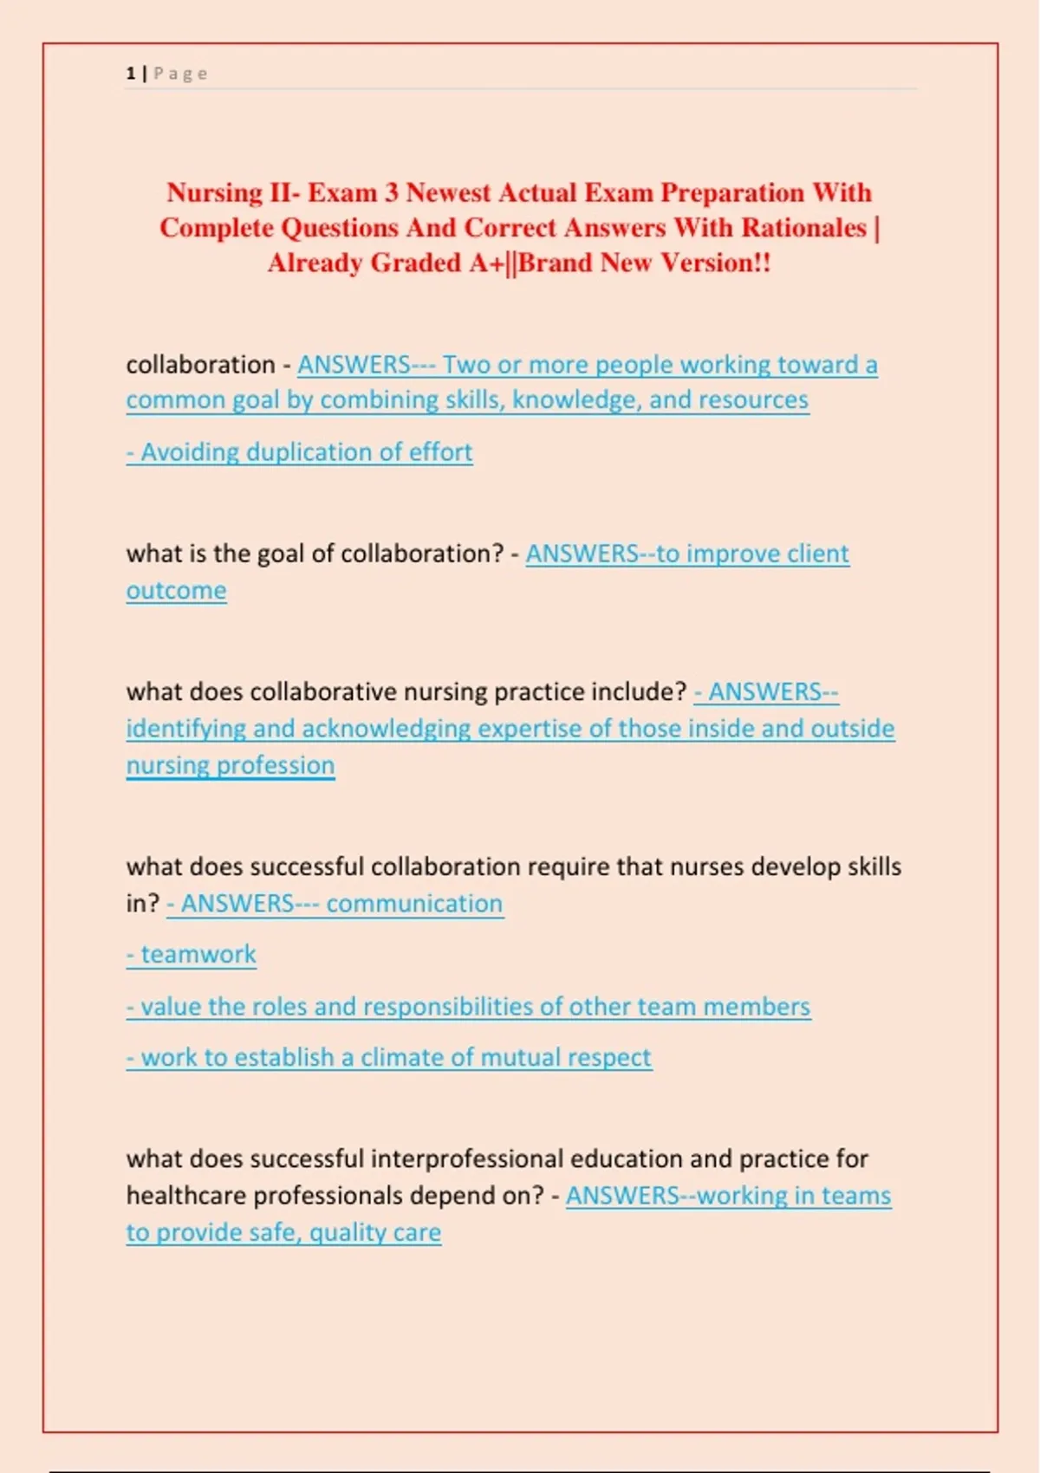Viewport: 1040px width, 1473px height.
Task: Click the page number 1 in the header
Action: point(131,74)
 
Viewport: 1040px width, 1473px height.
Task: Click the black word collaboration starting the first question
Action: point(200,365)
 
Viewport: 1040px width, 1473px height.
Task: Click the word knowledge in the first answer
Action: point(576,400)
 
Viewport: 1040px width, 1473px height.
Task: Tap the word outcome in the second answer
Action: point(176,591)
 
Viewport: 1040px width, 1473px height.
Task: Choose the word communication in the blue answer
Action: point(414,904)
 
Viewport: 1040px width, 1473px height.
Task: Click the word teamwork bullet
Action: point(198,955)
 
